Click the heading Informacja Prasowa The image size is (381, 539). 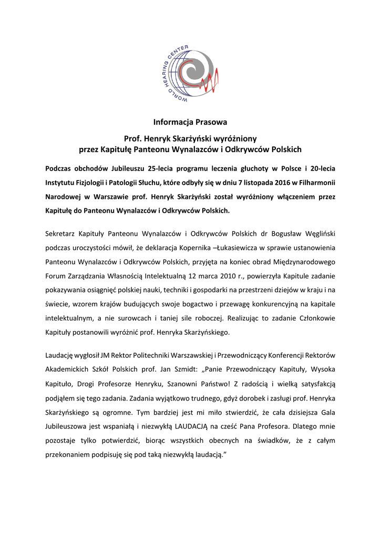(x=190, y=122)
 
